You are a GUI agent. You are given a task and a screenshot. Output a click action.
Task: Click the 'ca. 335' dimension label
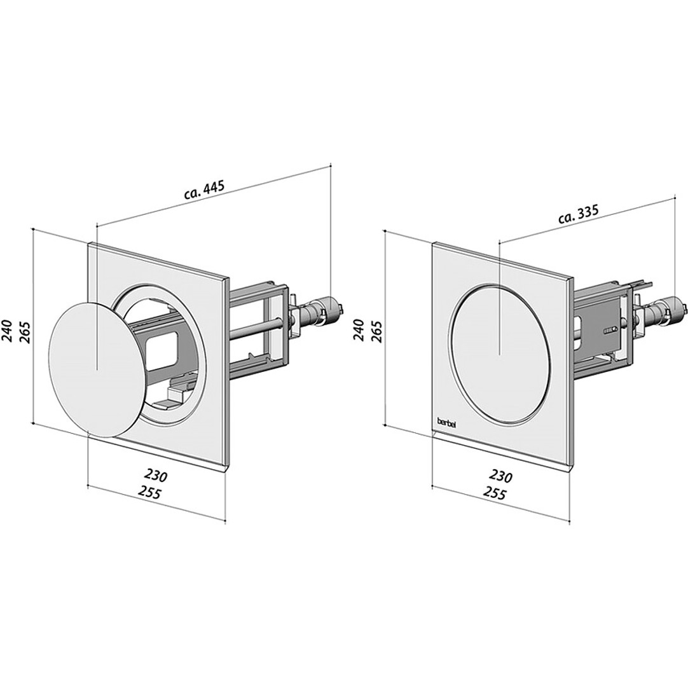pyautogui.click(x=579, y=215)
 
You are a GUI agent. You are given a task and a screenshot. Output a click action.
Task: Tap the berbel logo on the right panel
pyautogui.click(x=446, y=420)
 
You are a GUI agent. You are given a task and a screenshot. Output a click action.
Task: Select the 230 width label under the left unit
pyautogui.click(x=156, y=475)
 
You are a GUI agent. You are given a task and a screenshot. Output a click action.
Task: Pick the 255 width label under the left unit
pyautogui.click(x=150, y=493)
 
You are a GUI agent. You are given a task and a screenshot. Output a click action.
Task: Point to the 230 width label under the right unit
pyautogui.click(x=501, y=476)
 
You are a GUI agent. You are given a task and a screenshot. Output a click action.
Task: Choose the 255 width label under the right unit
pyautogui.click(x=495, y=493)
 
